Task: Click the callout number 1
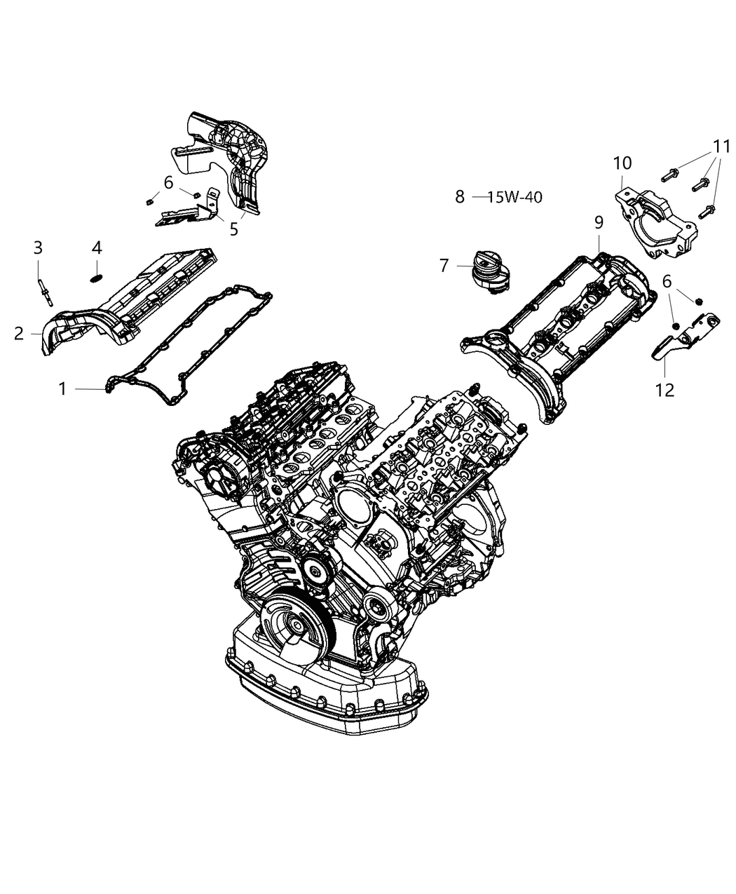(x=62, y=388)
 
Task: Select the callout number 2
(x=19, y=333)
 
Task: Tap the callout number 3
(x=38, y=248)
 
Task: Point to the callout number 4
(x=97, y=248)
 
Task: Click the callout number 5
(x=234, y=229)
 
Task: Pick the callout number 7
(x=444, y=266)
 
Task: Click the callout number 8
(x=460, y=197)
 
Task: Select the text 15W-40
(x=514, y=197)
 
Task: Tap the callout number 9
(x=599, y=223)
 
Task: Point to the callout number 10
(x=622, y=163)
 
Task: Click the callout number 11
(x=721, y=147)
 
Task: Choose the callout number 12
(x=665, y=390)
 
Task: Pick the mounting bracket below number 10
(x=655, y=221)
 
